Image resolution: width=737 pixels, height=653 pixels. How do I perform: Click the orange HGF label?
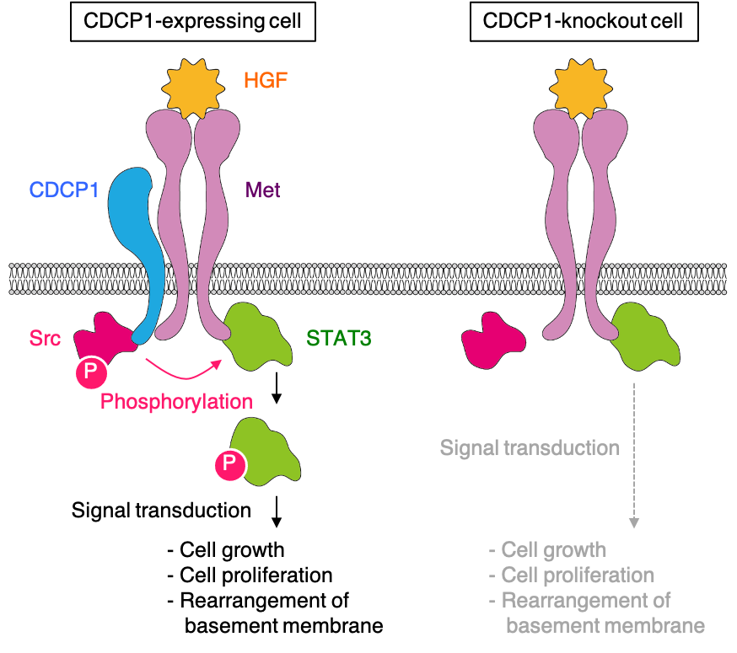(267, 82)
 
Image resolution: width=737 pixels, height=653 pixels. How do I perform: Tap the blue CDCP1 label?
(64, 190)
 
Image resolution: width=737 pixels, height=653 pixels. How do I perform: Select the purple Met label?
(262, 190)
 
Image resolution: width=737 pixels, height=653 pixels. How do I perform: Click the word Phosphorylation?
(176, 401)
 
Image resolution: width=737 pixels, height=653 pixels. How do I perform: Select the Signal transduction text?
(530, 447)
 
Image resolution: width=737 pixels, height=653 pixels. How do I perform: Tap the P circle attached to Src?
(92, 374)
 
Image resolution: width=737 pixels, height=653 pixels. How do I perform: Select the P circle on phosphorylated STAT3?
(230, 464)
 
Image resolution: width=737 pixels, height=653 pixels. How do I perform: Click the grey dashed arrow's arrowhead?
(634, 523)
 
